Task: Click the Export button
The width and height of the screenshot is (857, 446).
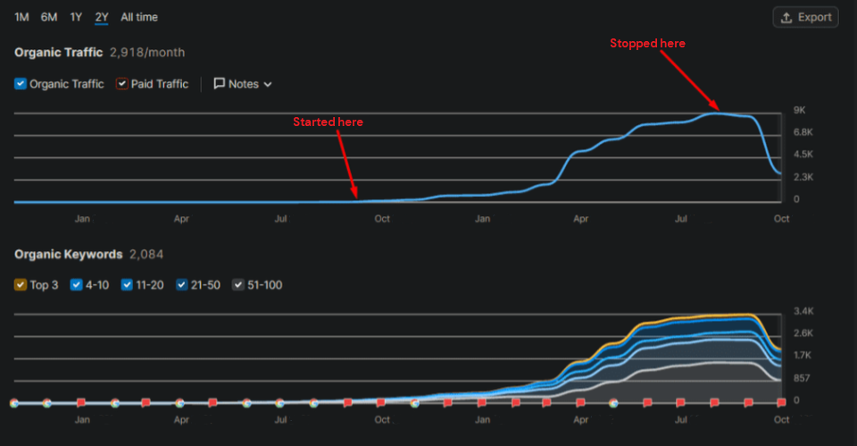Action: (x=805, y=17)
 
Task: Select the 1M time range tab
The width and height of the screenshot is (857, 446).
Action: (x=21, y=17)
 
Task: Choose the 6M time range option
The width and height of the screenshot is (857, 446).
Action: (x=48, y=17)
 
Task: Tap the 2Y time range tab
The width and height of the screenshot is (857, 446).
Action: (x=102, y=17)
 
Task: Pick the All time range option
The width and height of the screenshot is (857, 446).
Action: (x=139, y=17)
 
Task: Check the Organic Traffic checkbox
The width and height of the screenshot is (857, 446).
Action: (x=21, y=84)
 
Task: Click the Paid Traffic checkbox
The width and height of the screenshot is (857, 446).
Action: (x=122, y=84)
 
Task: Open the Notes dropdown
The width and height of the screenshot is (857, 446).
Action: (x=243, y=84)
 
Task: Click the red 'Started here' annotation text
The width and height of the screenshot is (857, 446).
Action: (x=328, y=122)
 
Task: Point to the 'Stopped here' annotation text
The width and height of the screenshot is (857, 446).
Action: (x=647, y=43)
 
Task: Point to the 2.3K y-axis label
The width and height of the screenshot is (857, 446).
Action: (x=803, y=176)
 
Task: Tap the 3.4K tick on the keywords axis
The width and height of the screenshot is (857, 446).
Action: (x=803, y=311)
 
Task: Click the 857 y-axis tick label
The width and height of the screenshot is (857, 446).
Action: (x=802, y=378)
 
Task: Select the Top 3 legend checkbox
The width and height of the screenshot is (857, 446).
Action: (x=21, y=285)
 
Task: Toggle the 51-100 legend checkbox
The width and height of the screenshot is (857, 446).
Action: (x=238, y=285)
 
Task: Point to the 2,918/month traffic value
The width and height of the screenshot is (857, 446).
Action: (x=147, y=53)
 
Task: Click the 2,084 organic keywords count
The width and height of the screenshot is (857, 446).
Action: (x=146, y=255)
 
